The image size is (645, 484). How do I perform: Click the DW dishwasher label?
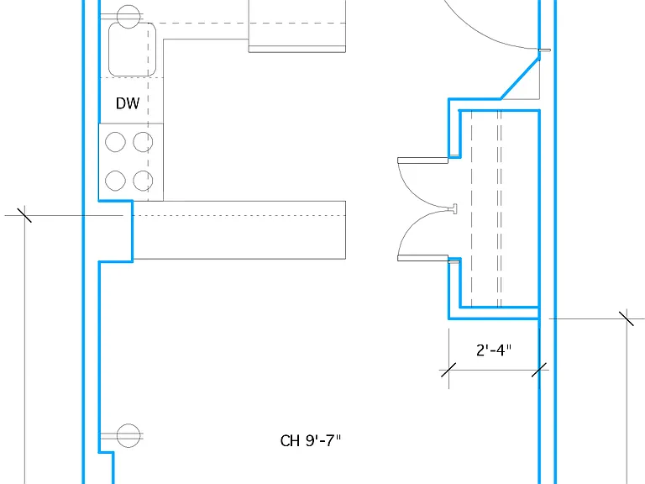point(128,103)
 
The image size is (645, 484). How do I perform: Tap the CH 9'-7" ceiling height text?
point(311,441)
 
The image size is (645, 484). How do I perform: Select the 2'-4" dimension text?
point(494,350)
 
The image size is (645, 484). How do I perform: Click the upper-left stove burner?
point(115,142)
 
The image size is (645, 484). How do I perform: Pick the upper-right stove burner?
point(143,142)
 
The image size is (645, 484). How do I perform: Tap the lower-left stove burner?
point(115,181)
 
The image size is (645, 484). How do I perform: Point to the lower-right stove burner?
point(143,181)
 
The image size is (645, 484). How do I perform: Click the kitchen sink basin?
point(132,50)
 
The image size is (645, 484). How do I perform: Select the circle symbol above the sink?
point(128,17)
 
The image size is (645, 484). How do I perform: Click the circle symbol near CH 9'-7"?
point(128,435)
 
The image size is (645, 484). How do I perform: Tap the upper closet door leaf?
point(423,160)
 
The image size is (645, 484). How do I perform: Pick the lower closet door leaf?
point(423,258)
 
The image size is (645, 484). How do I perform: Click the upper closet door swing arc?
point(416,194)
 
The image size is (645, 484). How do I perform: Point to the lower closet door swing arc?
point(416,224)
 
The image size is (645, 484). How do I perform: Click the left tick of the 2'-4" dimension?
point(448,370)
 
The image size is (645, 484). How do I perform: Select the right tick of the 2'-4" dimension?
point(539,370)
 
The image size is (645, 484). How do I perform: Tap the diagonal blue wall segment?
point(520,78)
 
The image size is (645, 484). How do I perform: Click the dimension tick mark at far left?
point(24,215)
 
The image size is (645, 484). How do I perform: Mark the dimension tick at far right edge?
point(627,318)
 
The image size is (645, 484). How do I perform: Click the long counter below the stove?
point(239,230)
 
